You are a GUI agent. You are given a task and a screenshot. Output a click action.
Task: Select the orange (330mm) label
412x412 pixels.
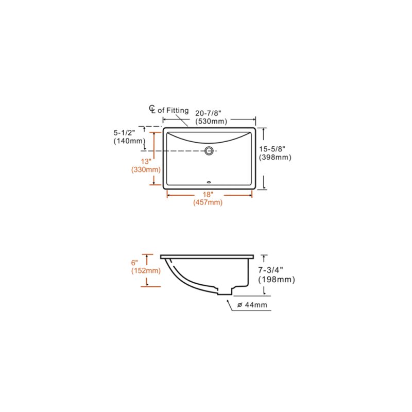pos(146,169)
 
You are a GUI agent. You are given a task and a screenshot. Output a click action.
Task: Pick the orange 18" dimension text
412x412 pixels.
pos(208,195)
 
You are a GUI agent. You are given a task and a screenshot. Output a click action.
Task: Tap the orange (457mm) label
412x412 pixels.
pos(208,203)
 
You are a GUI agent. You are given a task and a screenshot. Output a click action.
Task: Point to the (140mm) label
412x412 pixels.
pos(128,141)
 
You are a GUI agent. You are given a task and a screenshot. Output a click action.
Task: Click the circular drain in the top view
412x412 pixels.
pos(209,151)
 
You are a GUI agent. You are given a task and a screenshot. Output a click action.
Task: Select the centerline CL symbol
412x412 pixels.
pos(152,109)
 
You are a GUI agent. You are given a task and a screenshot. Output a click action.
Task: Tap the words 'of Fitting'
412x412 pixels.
pos(173,110)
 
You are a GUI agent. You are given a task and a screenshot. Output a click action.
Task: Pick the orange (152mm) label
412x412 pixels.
pos(146,271)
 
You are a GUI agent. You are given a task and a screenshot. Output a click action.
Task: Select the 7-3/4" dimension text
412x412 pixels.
pos(272,270)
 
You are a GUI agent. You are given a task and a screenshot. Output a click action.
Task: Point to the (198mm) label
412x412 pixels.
pos(276,280)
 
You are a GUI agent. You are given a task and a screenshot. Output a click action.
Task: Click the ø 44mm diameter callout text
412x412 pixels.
pos(252,305)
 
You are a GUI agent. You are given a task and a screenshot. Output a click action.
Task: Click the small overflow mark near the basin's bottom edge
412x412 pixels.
pos(209,181)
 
